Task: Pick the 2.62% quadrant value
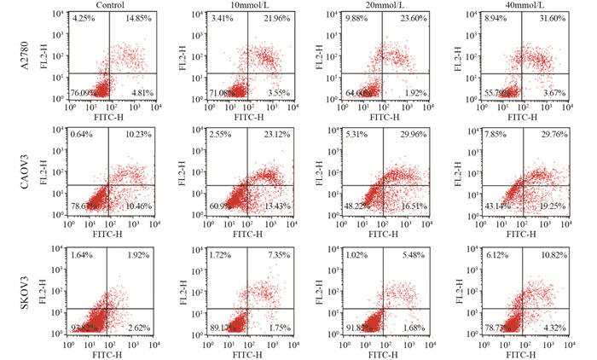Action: pos(141,328)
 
